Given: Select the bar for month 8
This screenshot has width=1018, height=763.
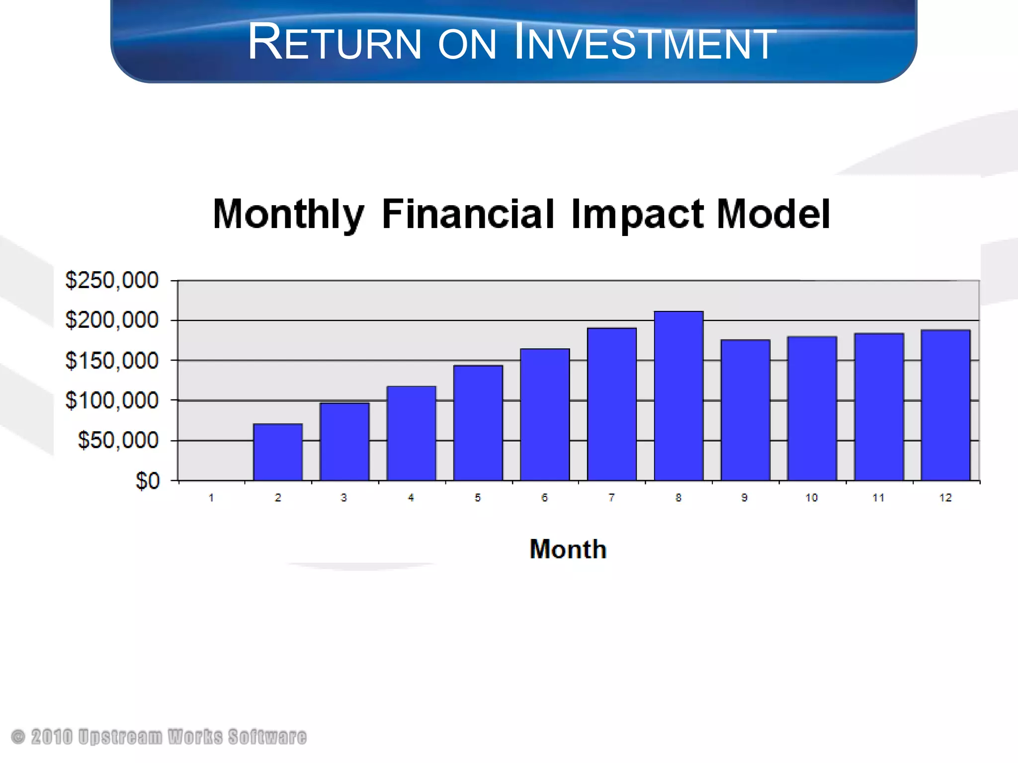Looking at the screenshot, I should pos(679,396).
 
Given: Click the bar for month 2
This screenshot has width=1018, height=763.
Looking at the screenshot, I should pos(278,452).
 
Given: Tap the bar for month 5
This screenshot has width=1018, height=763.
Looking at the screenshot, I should pos(478,423).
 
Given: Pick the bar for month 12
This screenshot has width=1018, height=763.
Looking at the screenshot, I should pos(945,405).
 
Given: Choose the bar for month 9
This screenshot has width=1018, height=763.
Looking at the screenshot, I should pos(745,410).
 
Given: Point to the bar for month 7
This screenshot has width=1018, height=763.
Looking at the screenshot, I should pos(612,404).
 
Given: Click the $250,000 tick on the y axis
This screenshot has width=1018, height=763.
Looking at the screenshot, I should pos(112,280).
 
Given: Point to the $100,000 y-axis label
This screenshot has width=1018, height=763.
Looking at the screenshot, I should pos(112,400).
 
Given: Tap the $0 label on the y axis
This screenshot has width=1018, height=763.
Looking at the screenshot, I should pos(148,481).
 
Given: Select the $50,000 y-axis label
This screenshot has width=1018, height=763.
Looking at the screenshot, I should pos(118,440).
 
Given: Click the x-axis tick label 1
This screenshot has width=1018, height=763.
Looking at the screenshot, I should pos(211,498).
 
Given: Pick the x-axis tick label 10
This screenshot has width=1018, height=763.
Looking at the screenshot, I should pos(812,498).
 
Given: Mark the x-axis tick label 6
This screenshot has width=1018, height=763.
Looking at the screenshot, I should pos(545,498).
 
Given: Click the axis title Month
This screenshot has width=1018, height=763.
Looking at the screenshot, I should pos(568,549).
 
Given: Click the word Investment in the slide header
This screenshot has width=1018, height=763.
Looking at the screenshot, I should pos(645,43).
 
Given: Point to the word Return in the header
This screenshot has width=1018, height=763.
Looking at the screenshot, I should pos(335,43).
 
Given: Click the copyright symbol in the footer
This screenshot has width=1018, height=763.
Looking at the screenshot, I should pos(18,737).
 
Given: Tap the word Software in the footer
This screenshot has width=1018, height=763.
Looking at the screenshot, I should pos(267,737).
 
